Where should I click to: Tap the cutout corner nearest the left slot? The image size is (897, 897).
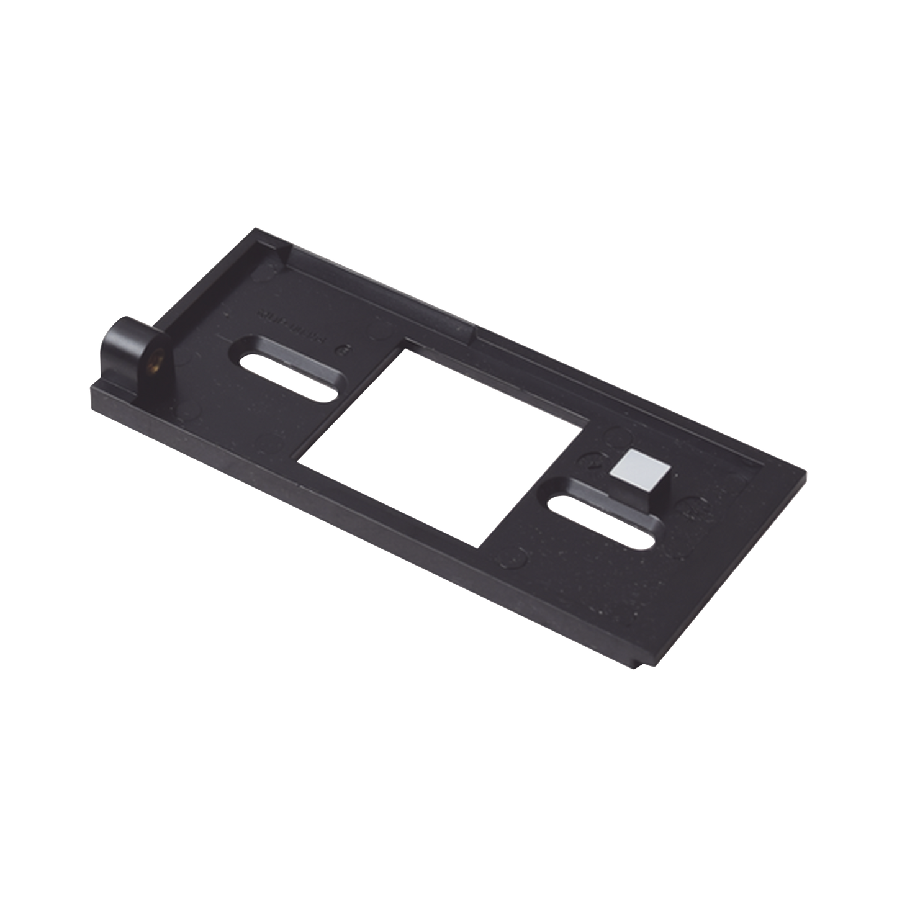(x=407, y=349)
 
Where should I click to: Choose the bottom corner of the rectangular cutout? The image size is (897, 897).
(x=478, y=546)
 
